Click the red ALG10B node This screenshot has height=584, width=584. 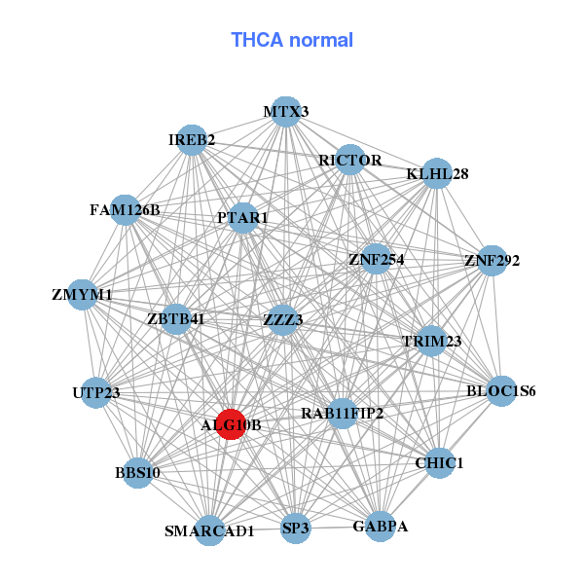coord(230,424)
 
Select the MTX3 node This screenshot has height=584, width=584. coord(285,112)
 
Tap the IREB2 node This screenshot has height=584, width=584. coord(193,140)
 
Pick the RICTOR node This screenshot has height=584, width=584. coord(349,160)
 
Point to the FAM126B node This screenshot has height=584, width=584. coord(125,209)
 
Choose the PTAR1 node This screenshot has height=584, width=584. coord(243,218)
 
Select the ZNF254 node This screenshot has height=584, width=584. coord(376,260)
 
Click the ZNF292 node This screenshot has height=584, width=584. coord(493,261)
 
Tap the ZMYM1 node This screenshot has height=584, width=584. coord(83,294)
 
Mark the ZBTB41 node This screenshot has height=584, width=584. coord(176,318)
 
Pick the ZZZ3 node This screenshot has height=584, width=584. coord(283,319)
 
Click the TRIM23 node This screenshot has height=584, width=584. coord(432,341)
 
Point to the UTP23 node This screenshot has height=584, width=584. coord(95,392)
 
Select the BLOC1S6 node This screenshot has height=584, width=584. coord(501,391)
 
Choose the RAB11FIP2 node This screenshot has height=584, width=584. coord(342,414)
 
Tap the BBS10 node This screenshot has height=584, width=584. coord(137,473)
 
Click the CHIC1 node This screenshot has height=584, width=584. coord(439,462)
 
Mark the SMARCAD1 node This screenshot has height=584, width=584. coord(209,530)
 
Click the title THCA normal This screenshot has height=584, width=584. coord(292,40)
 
